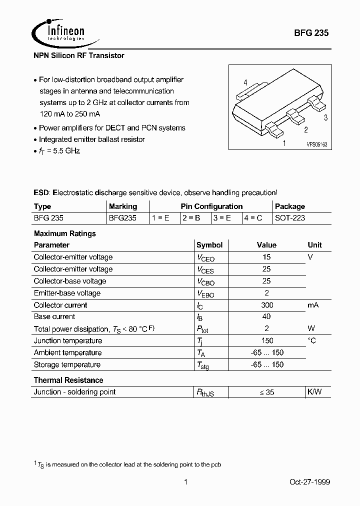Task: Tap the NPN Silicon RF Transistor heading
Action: click(79, 55)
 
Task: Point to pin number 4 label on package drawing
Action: click(245, 82)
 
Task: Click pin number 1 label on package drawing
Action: click(284, 143)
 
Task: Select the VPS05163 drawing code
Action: click(316, 143)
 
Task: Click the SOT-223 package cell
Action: click(290, 218)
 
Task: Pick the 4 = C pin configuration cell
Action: click(253, 218)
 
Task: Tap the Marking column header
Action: click(122, 206)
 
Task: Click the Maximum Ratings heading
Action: click(64, 233)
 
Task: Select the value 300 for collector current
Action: click(266, 305)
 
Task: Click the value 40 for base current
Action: click(266, 316)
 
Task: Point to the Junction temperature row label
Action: click(67, 340)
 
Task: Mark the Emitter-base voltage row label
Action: click(67, 293)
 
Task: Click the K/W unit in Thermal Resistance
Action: click(314, 392)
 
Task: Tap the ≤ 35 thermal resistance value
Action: click(266, 392)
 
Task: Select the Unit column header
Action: click(314, 245)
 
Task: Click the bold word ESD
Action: click(41, 192)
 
